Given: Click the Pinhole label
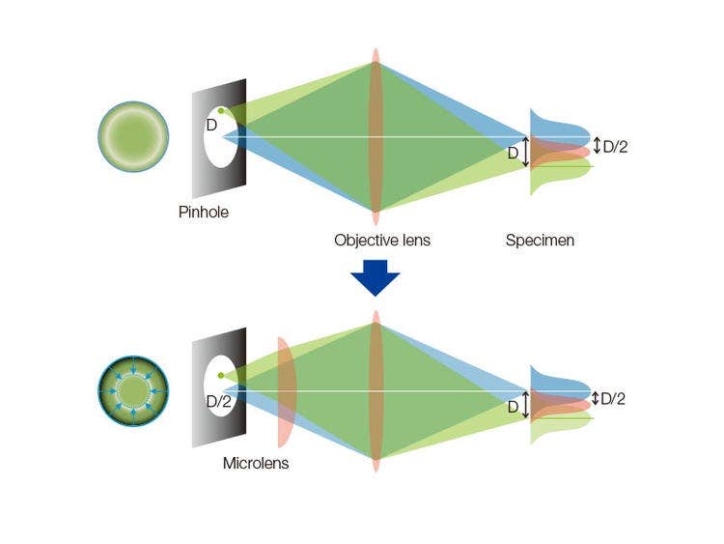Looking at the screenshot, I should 204,212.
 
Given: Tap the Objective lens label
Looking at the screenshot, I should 382,240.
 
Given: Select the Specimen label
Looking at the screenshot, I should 540,240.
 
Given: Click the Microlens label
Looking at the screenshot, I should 256,463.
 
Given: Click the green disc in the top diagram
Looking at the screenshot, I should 133,136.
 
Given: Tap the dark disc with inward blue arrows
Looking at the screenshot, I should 133,390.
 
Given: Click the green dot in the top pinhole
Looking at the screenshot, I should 221,111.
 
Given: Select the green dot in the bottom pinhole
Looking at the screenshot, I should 221,375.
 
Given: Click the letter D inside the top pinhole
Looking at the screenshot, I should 210,125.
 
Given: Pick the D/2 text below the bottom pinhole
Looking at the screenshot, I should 218,400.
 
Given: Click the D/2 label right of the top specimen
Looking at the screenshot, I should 615,147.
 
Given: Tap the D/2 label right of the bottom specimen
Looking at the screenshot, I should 613,398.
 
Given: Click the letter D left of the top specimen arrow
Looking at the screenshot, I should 514,153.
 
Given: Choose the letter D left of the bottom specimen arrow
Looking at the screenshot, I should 514,407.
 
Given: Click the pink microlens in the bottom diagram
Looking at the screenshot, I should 286,391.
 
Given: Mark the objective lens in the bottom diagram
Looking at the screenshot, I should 376,391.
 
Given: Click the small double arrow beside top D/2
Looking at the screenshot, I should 597,146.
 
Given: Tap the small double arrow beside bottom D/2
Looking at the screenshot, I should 596,398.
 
